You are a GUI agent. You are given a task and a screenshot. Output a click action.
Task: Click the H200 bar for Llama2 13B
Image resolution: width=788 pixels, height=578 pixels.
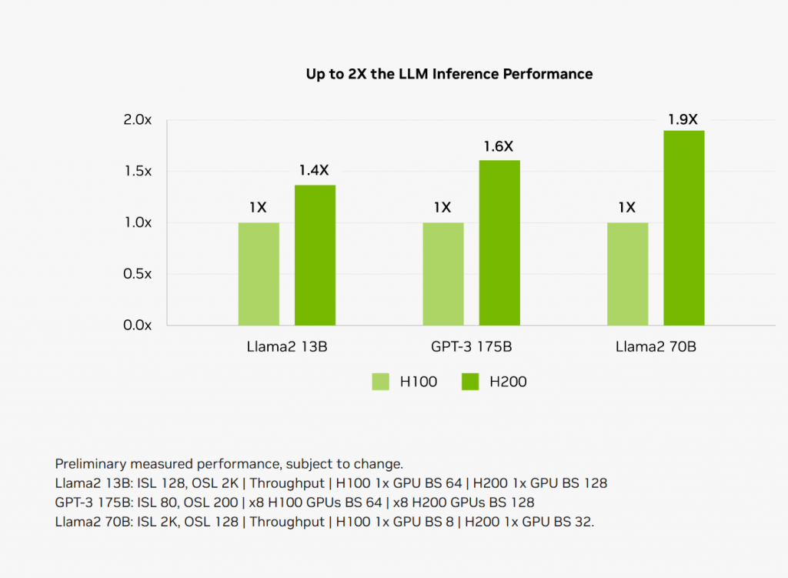(x=315, y=255)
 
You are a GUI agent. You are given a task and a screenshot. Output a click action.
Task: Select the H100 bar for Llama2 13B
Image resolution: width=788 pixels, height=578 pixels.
(x=259, y=273)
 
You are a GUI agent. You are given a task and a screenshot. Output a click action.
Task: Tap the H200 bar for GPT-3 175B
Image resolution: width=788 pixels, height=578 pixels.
(x=499, y=242)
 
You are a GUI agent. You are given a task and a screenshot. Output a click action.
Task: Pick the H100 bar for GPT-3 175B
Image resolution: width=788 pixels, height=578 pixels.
(x=443, y=273)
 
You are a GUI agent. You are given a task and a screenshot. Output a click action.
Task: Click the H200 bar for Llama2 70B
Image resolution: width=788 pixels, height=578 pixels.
(x=684, y=228)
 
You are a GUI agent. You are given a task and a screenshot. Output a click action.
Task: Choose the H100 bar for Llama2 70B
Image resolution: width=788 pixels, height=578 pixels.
(x=627, y=273)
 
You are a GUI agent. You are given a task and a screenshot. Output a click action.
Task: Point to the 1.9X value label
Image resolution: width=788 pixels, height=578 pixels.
(x=683, y=119)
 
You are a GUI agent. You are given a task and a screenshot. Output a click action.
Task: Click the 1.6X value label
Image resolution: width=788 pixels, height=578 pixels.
(x=499, y=146)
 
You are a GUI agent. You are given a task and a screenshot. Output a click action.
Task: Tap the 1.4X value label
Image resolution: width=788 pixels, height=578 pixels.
(x=314, y=171)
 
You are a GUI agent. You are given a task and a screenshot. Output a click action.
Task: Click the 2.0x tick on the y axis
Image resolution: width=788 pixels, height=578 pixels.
(x=138, y=120)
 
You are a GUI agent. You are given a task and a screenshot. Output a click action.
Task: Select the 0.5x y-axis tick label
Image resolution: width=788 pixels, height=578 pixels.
(x=138, y=273)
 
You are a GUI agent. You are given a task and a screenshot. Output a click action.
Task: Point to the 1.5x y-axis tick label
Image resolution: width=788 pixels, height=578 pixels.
(x=138, y=171)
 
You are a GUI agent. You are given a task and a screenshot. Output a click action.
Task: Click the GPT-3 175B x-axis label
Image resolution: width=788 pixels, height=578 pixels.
(x=471, y=346)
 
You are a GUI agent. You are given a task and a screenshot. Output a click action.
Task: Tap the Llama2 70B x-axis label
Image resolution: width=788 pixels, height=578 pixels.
(x=656, y=346)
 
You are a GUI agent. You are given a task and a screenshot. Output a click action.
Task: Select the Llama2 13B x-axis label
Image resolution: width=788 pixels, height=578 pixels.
(x=286, y=346)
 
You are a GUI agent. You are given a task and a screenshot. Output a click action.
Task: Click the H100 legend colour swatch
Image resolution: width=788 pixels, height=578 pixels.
(x=380, y=381)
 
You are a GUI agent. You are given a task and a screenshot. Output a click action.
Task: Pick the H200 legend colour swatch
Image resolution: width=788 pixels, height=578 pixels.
(x=470, y=381)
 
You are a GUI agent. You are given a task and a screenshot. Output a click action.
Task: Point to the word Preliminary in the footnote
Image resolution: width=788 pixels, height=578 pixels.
(x=90, y=464)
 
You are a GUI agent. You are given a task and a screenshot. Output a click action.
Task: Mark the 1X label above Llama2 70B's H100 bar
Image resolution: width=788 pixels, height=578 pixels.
(x=627, y=207)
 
